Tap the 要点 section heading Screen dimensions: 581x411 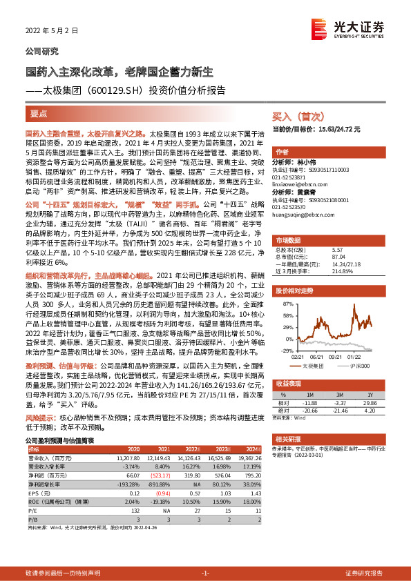tap(39, 113)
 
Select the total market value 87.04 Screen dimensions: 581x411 tap(340, 256)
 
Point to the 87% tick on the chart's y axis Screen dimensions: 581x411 tap(281, 303)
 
